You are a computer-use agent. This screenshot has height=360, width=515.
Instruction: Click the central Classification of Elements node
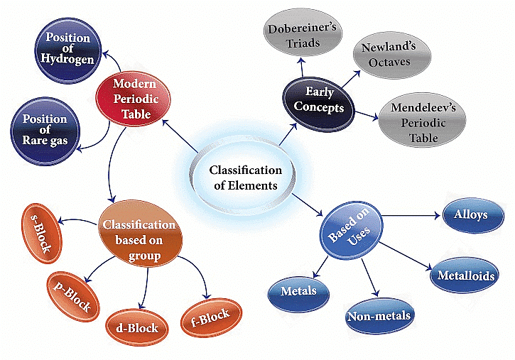pos(245,178)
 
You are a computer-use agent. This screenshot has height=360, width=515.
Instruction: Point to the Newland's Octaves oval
pos(391,55)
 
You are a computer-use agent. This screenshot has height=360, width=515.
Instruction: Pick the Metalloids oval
pos(466,276)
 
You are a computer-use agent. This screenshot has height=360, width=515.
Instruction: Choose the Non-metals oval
pos(379,315)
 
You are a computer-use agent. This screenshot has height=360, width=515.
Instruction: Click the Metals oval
pos(298,291)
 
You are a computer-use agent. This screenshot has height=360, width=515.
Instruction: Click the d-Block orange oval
pos(136,327)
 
